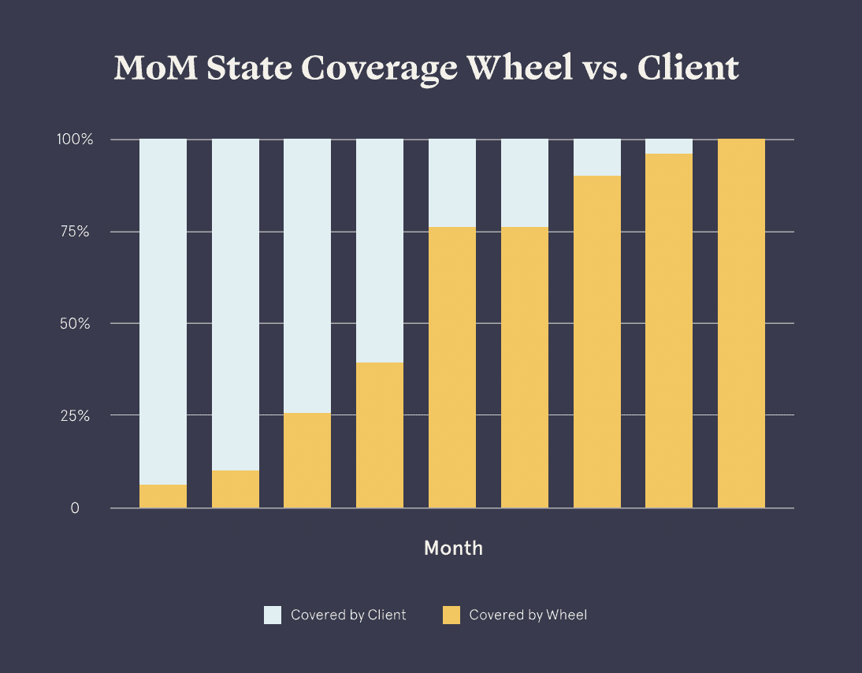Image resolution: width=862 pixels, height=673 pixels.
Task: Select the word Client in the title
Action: (x=687, y=69)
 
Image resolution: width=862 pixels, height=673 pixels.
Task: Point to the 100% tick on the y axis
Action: (x=75, y=140)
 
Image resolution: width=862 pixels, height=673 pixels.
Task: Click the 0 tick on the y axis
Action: (x=75, y=508)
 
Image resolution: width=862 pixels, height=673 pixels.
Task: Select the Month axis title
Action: (x=453, y=548)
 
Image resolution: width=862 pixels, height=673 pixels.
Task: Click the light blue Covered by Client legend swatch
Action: (x=273, y=615)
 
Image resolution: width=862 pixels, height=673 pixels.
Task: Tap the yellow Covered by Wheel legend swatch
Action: (x=451, y=615)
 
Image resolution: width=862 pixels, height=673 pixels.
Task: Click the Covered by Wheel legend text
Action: (x=528, y=615)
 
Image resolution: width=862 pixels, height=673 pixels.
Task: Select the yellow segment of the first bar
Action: (x=163, y=496)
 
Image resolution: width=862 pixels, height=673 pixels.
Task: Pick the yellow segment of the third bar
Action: (x=307, y=461)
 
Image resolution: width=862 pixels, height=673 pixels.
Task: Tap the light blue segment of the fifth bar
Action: (x=452, y=183)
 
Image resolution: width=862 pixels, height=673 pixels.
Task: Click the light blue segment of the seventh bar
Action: (x=597, y=158)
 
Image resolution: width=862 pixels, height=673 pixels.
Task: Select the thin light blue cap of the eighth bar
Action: (x=669, y=147)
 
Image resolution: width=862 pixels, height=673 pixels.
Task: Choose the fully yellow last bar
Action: (x=741, y=323)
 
